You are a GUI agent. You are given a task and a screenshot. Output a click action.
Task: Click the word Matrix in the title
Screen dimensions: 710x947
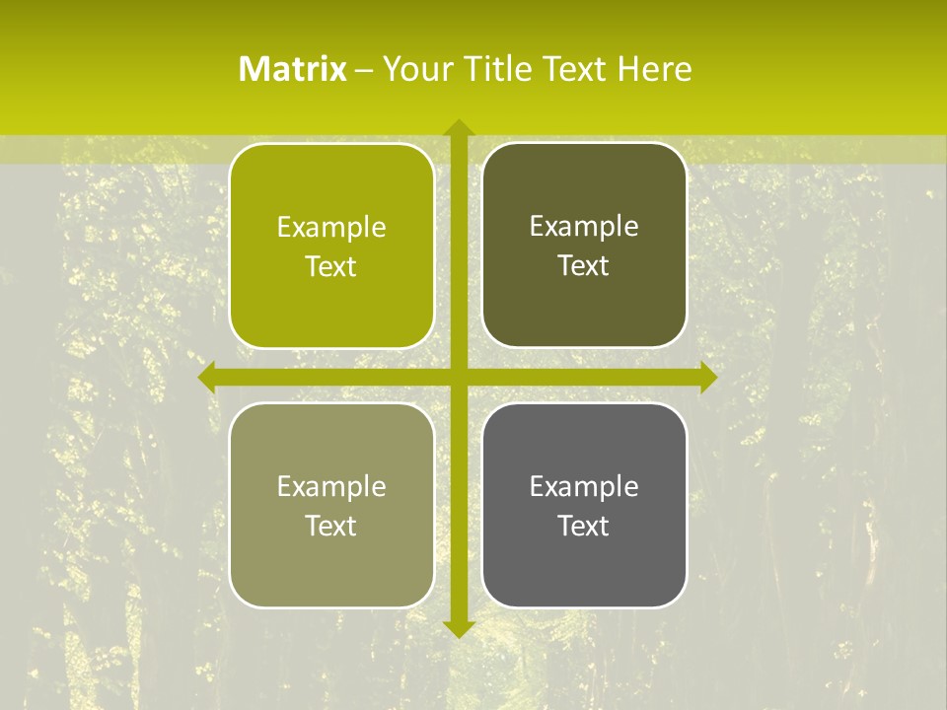click(293, 69)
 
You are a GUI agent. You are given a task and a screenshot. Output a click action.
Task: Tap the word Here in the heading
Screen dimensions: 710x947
click(655, 69)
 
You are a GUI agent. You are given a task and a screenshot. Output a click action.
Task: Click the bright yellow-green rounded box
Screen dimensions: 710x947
click(331, 246)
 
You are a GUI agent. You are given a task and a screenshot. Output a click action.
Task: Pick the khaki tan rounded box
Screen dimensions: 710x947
click(331, 505)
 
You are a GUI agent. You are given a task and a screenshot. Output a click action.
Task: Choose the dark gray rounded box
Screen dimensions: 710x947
click(584, 505)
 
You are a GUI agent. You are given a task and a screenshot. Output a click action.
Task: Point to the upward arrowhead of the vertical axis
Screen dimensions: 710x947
click(458, 127)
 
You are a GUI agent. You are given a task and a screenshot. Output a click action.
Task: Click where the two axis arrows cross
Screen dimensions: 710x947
click(458, 378)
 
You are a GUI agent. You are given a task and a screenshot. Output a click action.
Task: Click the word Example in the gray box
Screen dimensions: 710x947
click(584, 486)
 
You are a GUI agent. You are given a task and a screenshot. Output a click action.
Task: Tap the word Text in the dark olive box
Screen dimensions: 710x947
click(584, 266)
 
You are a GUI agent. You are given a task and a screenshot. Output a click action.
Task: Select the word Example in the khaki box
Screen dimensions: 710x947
click(331, 486)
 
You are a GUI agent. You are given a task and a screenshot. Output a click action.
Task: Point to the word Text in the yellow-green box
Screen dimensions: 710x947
click(331, 267)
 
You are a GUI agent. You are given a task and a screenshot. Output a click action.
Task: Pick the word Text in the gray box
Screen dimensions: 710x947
click(584, 526)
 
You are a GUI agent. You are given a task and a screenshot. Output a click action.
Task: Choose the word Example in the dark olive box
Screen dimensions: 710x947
click(584, 227)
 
